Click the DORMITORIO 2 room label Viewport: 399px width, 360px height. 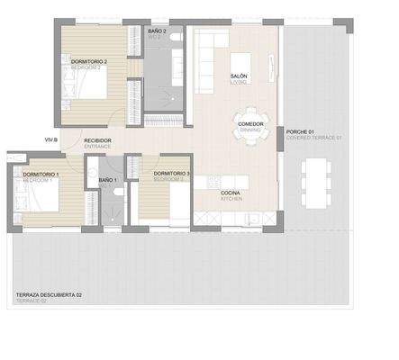click(89, 62)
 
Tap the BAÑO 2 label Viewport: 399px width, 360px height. click(157, 31)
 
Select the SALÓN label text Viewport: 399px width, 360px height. click(239, 76)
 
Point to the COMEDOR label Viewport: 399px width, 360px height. click(249, 123)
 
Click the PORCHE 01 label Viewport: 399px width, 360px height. click(300, 131)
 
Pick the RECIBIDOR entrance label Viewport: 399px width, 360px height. click(97, 140)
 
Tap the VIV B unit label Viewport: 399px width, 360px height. click(50, 140)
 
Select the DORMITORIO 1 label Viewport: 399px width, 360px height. click(41, 174)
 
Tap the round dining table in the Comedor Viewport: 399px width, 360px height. click(248, 127)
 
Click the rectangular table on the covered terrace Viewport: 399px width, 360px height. click(314, 181)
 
